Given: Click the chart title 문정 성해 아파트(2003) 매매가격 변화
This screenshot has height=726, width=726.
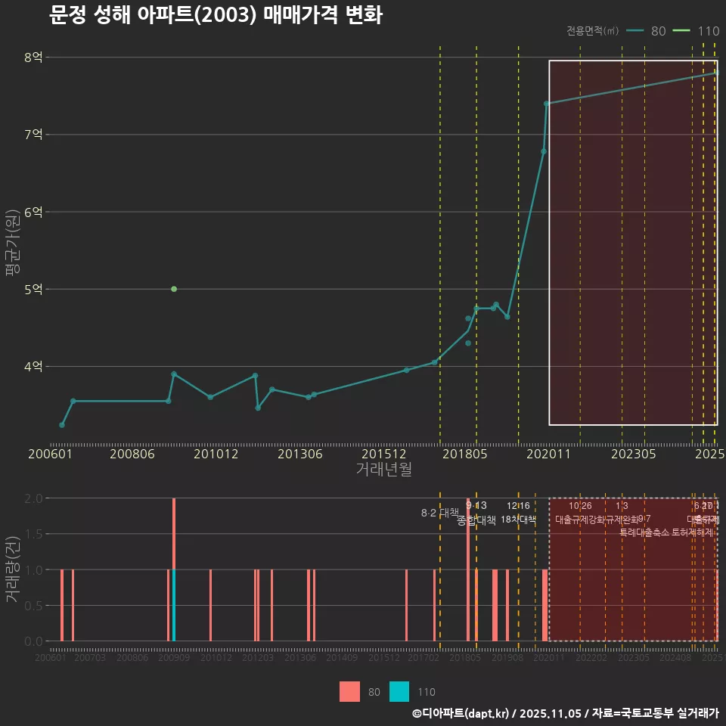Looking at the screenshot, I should [216, 15].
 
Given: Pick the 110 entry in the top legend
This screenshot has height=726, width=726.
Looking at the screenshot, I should [708, 31].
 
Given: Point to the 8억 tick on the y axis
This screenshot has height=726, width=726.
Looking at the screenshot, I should [33, 57].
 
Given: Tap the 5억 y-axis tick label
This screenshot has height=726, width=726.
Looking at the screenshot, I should [33, 289].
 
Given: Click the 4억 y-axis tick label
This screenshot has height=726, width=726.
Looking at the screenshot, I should [33, 366].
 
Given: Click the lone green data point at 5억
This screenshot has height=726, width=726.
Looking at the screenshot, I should [174, 289].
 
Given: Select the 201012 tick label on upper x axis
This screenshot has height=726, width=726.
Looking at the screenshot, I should [216, 455].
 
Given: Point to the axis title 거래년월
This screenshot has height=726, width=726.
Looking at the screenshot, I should [384, 470].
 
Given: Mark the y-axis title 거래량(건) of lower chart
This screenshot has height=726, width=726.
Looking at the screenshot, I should [13, 569].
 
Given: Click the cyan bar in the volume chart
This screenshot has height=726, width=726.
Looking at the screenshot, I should [174, 605].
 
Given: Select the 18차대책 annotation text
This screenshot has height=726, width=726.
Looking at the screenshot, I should [518, 520].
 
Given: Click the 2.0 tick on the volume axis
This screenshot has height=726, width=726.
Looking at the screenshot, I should [33, 498].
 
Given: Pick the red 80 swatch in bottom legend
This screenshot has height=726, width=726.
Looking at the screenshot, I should [349, 691].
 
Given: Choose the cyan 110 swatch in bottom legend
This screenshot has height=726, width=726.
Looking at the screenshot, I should [399, 691].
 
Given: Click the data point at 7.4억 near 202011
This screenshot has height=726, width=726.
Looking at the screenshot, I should [546, 104].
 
